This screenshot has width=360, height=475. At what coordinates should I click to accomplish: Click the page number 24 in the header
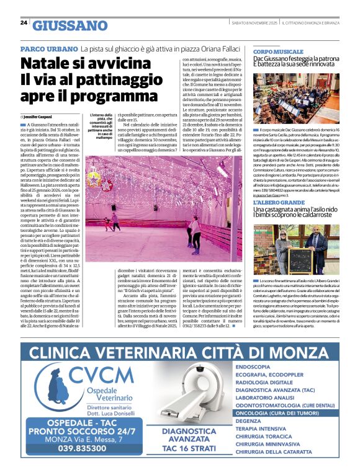tap(24, 23)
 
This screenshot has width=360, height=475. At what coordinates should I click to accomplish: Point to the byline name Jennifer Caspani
tap(40, 116)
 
